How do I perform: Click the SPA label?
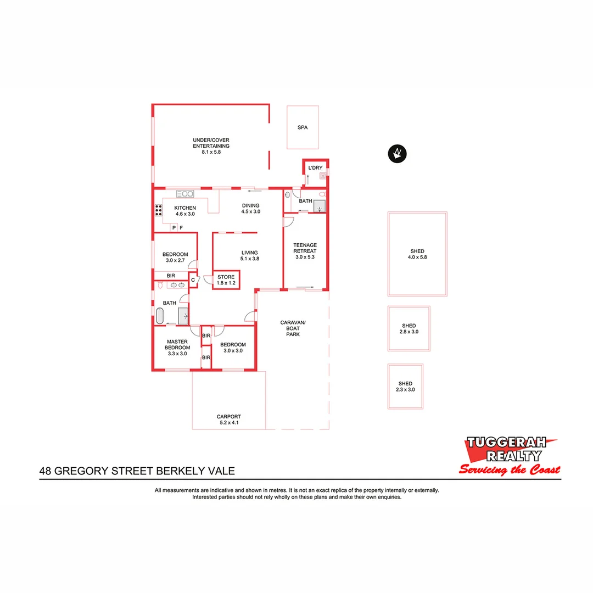[x=303, y=127]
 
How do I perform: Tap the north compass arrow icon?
[x=397, y=154]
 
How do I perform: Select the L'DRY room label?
[x=315, y=167]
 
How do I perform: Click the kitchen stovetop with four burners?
[x=159, y=210]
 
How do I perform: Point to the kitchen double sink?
[x=185, y=193]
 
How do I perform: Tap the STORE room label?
[x=226, y=277]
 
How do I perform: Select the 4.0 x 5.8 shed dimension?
[x=417, y=257]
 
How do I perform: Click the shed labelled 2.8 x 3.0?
[x=409, y=328]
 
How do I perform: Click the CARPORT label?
[x=229, y=417]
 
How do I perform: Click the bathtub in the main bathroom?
[x=160, y=316]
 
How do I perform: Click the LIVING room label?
[x=249, y=253]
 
